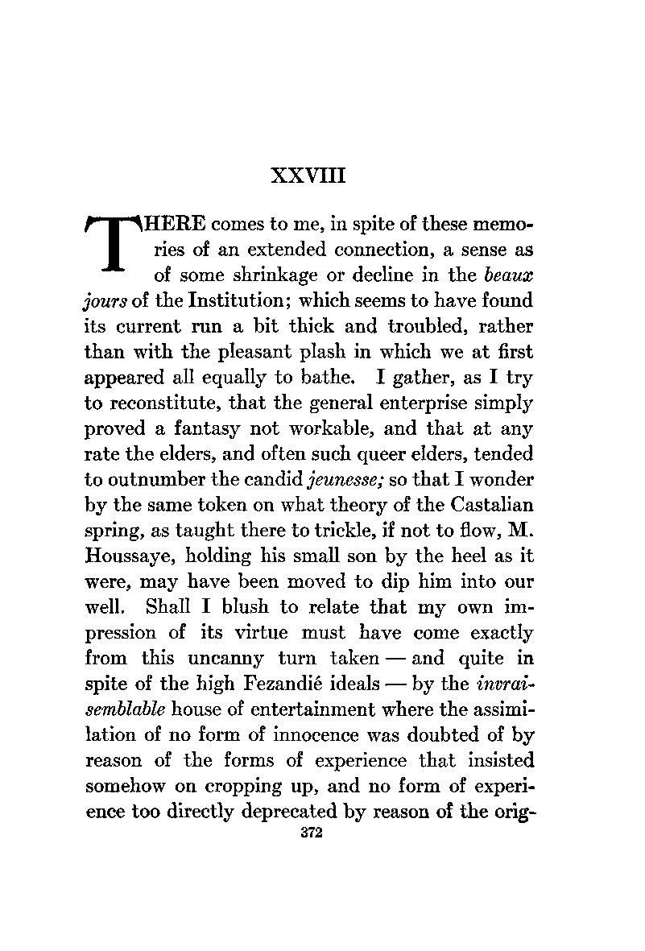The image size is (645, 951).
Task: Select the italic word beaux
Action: coord(510,275)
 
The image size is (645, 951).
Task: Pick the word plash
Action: coord(317,351)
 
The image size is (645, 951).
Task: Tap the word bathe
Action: coord(325,378)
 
